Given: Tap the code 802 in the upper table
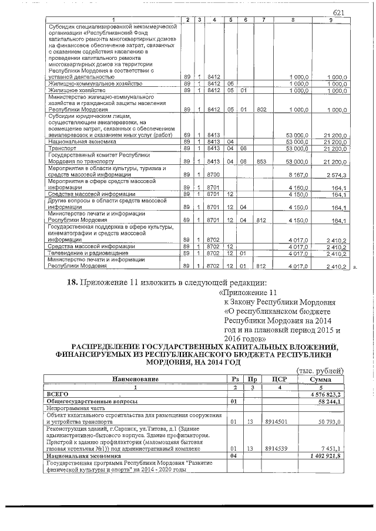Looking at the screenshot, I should click(x=262, y=110).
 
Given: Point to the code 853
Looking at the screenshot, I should click(x=262, y=162).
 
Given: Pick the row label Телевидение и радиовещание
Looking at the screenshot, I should click(x=84, y=254).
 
